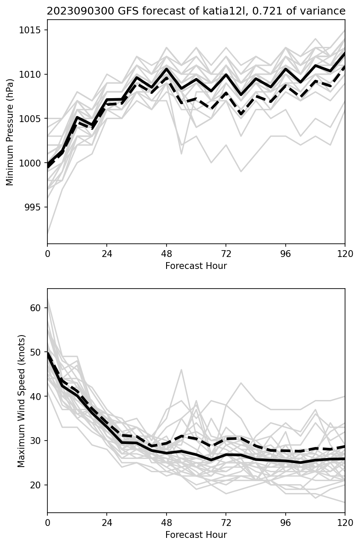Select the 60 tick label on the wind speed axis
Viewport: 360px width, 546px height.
pyautogui.click(x=37, y=308)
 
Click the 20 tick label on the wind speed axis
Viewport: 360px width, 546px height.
pyautogui.click(x=37, y=485)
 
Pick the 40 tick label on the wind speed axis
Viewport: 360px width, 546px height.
pyautogui.click(x=37, y=397)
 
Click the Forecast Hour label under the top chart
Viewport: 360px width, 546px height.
pyautogui.click(x=196, y=266)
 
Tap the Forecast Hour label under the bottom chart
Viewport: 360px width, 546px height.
pyautogui.click(x=196, y=535)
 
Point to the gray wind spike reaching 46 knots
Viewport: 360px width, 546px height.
pyautogui.click(x=181, y=370)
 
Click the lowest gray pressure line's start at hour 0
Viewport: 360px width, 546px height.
pyautogui.click(x=48, y=234)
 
